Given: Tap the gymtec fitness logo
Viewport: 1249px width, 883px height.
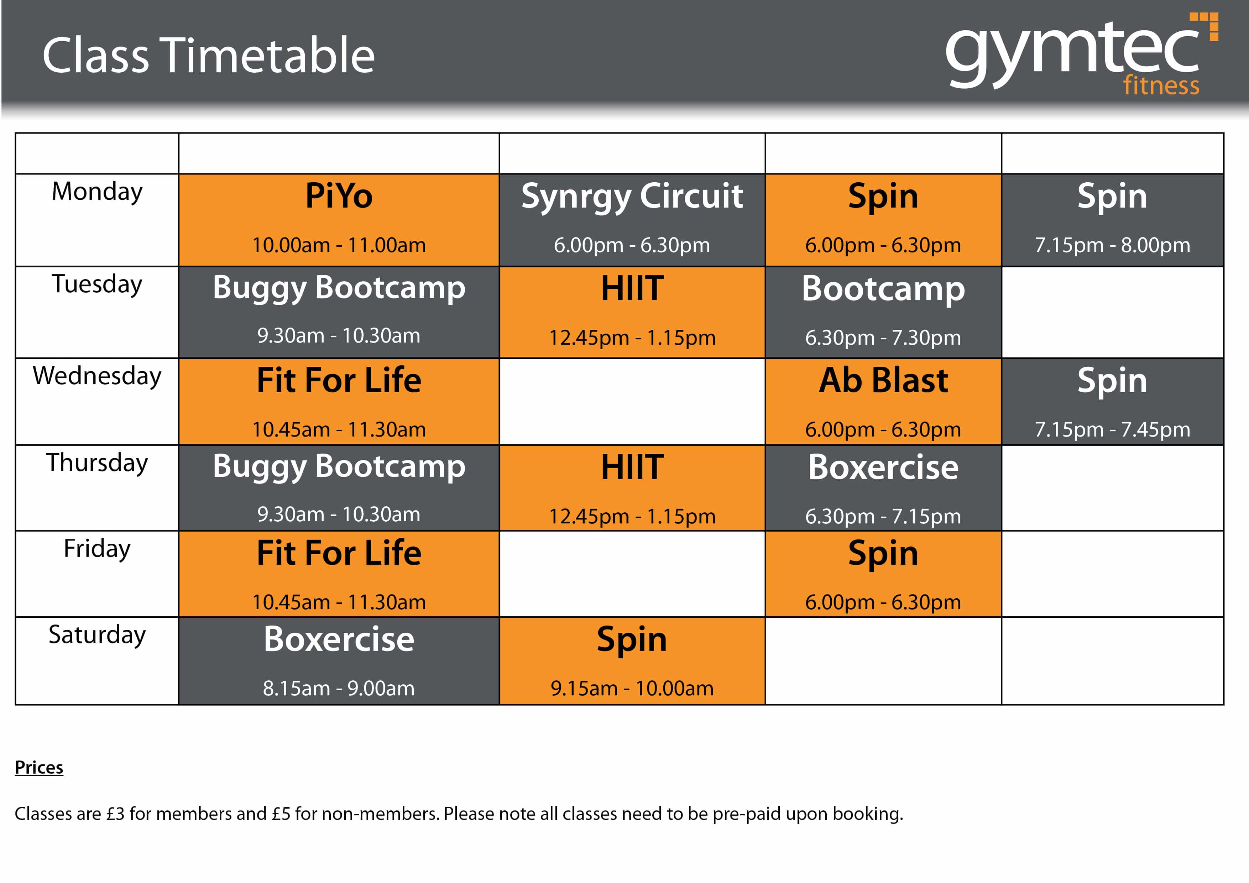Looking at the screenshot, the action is click(x=1081, y=54).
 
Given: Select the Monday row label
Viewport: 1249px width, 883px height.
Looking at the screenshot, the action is click(x=97, y=192).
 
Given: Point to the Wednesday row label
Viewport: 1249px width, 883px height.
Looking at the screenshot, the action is click(x=97, y=376).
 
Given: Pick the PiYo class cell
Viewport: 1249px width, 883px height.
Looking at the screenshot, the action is click(x=339, y=220).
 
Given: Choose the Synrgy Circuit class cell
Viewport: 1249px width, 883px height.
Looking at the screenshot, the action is click(x=632, y=220).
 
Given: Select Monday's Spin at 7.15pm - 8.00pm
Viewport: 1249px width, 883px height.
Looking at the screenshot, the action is click(x=1113, y=220).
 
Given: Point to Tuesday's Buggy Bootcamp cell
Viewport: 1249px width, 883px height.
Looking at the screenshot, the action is click(x=339, y=312).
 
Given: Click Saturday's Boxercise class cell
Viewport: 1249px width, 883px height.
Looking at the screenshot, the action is click(x=339, y=660).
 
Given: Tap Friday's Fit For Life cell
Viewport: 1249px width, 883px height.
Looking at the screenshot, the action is click(x=339, y=574).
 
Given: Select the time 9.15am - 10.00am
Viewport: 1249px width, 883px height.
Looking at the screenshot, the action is click(x=632, y=689).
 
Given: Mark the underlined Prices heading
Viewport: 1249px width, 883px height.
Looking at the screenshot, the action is click(x=39, y=768).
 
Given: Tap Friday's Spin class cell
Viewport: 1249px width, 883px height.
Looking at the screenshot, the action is click(x=883, y=574).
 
